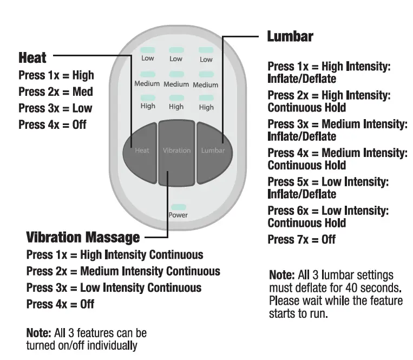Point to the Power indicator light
[178, 207]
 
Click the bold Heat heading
[32, 57]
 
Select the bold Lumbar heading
[290, 37]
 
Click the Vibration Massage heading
[83, 237]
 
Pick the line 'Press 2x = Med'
[55, 91]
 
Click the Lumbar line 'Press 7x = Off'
[301, 239]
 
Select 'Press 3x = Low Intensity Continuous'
[114, 287]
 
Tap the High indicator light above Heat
[148, 98]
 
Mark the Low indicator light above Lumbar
[206, 50]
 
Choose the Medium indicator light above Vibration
[176, 75]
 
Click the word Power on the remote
[178, 215]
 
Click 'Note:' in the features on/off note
[38, 332]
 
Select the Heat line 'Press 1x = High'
[56, 75]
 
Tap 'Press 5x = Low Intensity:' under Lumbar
[328, 182]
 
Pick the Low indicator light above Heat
[148, 50]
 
